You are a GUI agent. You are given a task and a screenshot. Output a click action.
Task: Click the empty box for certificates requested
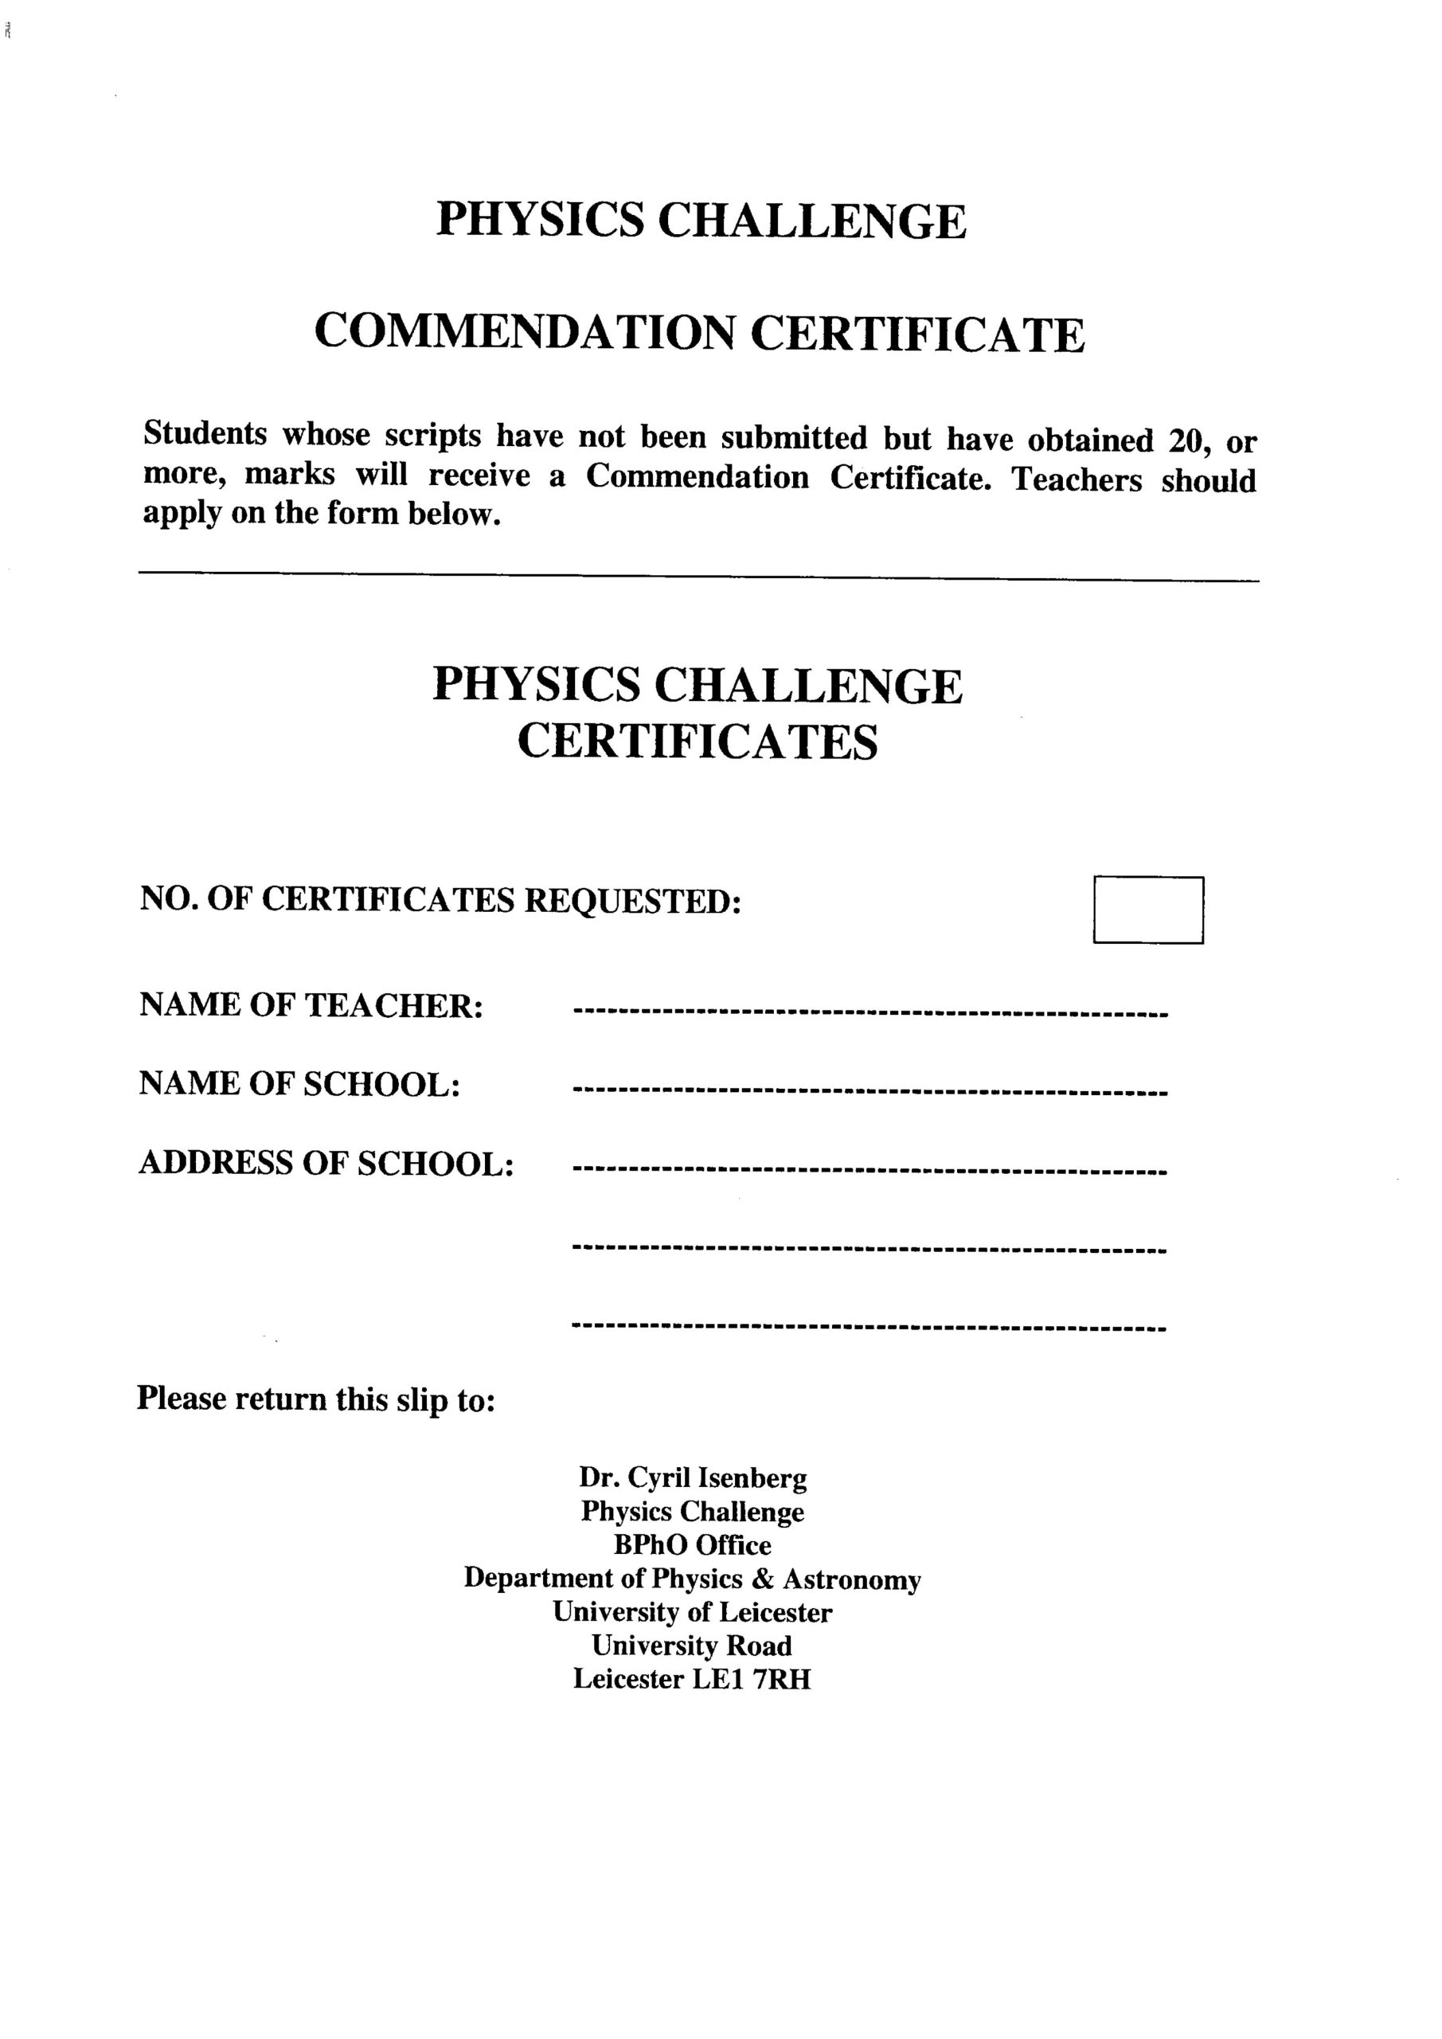[1148, 910]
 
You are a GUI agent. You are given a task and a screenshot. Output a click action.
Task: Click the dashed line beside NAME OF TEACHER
[870, 1012]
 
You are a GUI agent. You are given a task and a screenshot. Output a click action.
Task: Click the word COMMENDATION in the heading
[525, 333]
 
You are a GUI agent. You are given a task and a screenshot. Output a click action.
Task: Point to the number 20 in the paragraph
[1186, 440]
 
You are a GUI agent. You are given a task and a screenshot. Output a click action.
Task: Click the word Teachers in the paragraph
[1077, 479]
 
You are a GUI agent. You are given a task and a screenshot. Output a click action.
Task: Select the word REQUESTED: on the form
[633, 901]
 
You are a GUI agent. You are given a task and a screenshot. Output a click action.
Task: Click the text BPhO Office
[693, 1545]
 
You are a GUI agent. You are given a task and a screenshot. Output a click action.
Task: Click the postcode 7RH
[781, 1679]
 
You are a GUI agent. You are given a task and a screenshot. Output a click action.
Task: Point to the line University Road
[692, 1646]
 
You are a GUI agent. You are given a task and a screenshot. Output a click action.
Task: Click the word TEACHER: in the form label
[394, 1005]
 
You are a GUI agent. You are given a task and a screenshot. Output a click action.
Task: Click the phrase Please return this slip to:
[316, 1399]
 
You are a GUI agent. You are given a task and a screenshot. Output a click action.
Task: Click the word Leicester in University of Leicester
[776, 1612]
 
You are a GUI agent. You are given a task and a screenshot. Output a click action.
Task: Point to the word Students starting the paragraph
[205, 434]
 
